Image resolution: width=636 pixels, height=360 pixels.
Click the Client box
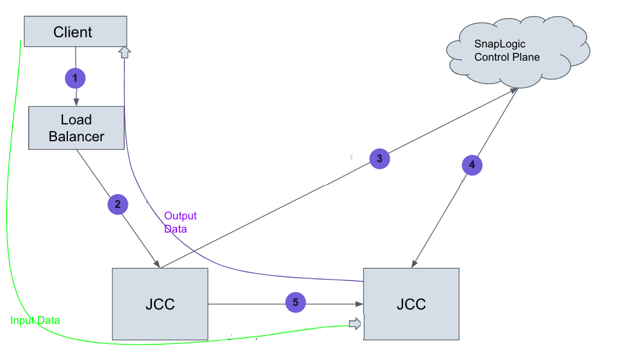[x=75, y=32]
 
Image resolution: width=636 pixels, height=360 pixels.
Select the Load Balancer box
[x=76, y=128]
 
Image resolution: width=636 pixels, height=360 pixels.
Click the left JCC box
[x=160, y=304]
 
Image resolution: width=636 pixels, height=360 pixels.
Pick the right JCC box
[x=411, y=304]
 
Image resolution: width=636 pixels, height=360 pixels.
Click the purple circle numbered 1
[x=75, y=78]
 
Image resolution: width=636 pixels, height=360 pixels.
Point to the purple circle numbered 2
[x=118, y=204]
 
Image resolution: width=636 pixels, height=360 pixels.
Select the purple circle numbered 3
[x=379, y=159]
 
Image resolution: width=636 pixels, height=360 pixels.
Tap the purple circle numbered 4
[x=472, y=165]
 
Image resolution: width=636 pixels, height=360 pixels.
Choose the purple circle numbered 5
[x=295, y=303]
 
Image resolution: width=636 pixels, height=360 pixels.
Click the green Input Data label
[x=35, y=320]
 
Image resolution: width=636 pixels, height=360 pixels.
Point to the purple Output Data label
[x=180, y=222]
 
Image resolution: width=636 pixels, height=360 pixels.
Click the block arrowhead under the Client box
[x=124, y=52]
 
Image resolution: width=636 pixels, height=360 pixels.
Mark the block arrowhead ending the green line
[x=356, y=324]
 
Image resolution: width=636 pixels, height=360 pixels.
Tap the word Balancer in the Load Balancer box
[x=76, y=136]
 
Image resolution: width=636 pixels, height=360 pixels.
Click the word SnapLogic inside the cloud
[x=500, y=44]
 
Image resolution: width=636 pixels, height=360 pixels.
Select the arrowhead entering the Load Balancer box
[x=76, y=102]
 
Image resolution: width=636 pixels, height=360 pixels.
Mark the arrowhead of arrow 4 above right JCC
[x=414, y=264]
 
